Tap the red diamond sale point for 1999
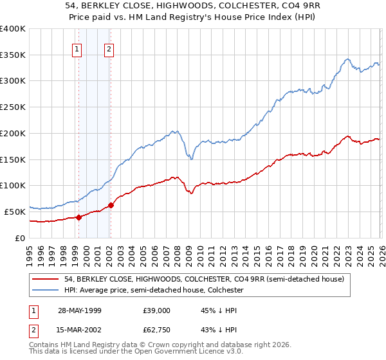[79, 217]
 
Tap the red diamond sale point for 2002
[111, 205]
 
